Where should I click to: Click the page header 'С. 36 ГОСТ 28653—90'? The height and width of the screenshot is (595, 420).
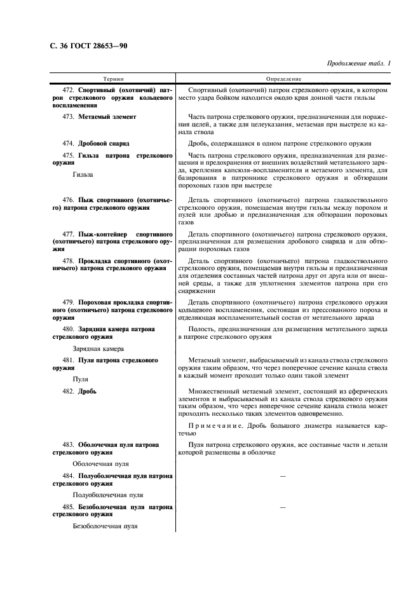89,45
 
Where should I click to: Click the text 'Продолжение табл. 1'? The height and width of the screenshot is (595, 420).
358,63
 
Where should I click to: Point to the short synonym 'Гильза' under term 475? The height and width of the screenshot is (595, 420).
83,174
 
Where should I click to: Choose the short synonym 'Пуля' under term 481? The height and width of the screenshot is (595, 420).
80,379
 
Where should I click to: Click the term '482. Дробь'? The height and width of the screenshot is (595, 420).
79,392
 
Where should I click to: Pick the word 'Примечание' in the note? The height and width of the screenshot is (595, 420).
214,425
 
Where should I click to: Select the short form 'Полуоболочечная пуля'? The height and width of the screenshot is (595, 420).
108,495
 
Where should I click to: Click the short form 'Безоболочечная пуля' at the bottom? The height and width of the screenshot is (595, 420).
105,526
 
